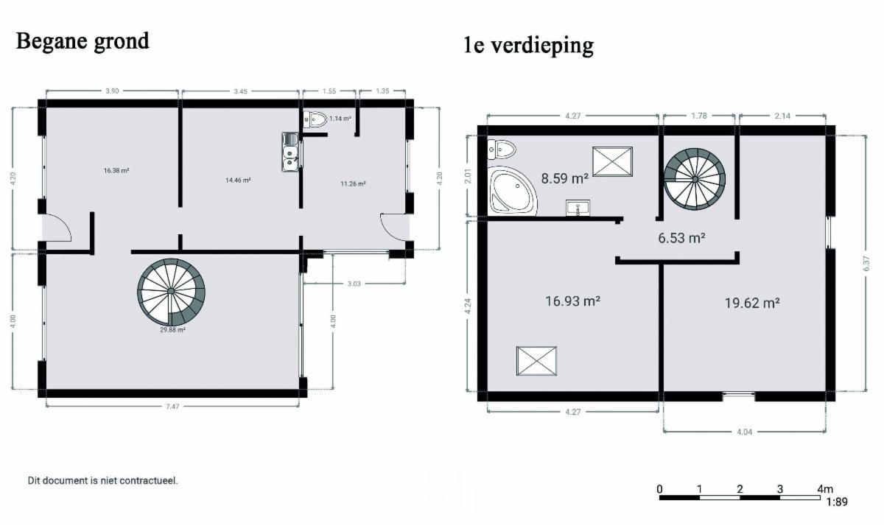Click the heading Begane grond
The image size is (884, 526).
[83, 41]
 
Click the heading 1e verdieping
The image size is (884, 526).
[528, 46]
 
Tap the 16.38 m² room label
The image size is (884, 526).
[116, 170]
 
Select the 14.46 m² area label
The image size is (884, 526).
[238, 180]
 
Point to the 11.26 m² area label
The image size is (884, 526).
[353, 183]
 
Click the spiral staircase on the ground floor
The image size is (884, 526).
[171, 292]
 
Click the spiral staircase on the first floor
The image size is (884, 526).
[695, 179]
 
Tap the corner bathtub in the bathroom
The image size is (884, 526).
[511, 192]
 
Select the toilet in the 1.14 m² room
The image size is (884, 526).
[315, 119]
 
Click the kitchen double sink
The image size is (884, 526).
[290, 152]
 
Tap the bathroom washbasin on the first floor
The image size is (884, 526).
[578, 208]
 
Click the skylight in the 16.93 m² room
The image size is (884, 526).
[536, 361]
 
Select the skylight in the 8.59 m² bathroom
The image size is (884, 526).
[612, 162]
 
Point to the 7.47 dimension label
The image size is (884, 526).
[172, 407]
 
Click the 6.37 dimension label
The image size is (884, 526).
[866, 264]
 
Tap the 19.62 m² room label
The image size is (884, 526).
[752, 303]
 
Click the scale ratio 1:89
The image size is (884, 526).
[837, 502]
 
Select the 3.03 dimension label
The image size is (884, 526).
[354, 284]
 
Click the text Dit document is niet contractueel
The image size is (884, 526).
[102, 480]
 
